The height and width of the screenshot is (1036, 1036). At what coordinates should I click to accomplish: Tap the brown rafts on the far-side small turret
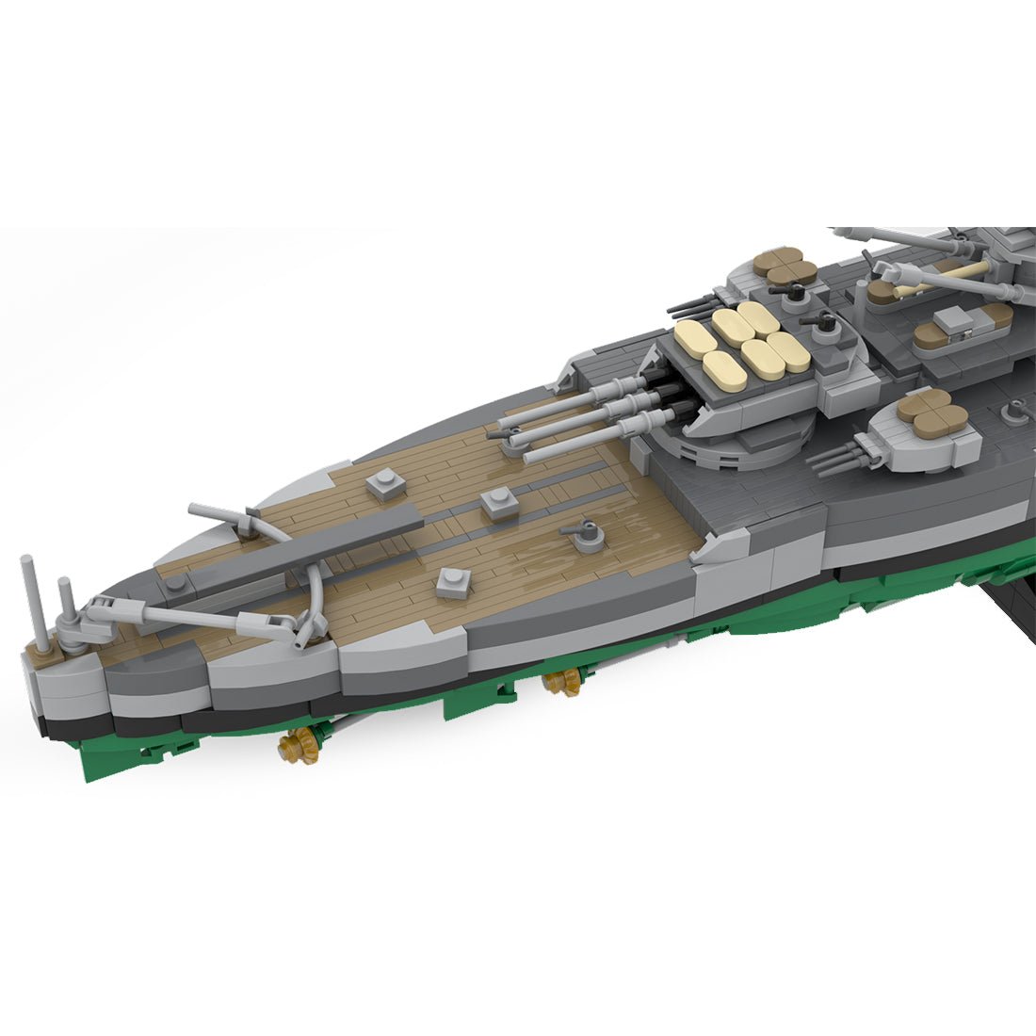(780, 264)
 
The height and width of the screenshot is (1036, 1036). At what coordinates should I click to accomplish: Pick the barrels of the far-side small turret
(692, 306)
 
